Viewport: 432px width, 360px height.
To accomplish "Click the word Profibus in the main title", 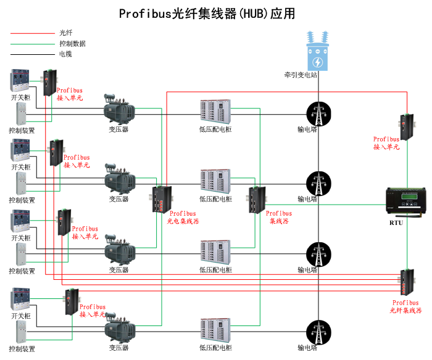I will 143,14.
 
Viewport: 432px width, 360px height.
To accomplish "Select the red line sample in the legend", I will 31,33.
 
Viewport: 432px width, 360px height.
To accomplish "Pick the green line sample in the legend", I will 31,44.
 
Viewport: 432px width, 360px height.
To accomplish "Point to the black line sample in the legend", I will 31,54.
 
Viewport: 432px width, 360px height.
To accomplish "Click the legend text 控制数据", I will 72,44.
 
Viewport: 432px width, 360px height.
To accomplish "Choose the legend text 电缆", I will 65,54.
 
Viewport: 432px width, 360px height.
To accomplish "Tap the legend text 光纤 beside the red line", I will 65,33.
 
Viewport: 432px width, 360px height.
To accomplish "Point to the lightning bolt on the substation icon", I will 318,62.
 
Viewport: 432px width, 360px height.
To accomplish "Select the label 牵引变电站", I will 301,75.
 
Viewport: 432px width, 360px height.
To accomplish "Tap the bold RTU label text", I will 396,223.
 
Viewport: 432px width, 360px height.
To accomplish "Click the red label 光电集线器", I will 183,221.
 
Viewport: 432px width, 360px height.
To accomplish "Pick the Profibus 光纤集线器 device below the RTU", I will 407,283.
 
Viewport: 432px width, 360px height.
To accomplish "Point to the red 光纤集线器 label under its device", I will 406,311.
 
